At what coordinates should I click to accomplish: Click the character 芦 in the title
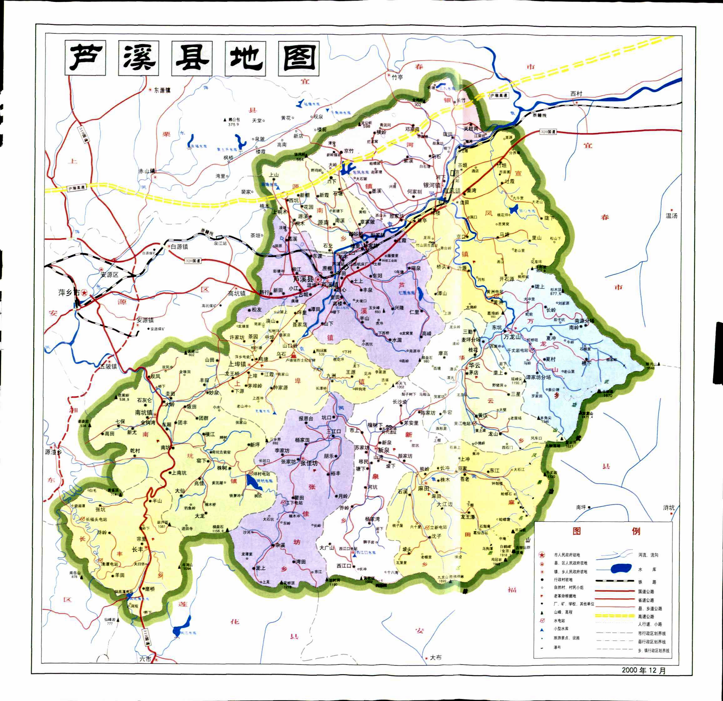pos(86,58)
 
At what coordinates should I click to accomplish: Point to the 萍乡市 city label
pos(69,292)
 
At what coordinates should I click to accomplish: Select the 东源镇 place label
pos(162,90)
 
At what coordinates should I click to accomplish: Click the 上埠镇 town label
pos(237,364)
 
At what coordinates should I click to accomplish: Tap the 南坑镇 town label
pos(144,412)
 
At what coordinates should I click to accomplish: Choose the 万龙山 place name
pos(512,337)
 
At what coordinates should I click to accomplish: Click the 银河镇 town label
pos(432,185)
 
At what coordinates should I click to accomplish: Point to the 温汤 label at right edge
pos(671,216)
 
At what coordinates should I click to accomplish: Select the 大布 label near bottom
pos(436,668)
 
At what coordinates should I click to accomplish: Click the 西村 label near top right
pos(576,93)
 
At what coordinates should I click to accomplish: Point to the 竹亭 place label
pos(397,77)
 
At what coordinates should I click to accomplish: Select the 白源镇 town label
pos(179,247)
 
